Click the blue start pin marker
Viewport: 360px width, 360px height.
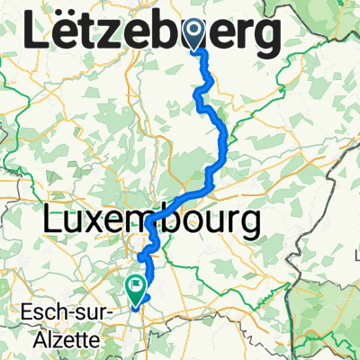[196, 35]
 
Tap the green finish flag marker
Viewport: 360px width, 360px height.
[136, 287]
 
